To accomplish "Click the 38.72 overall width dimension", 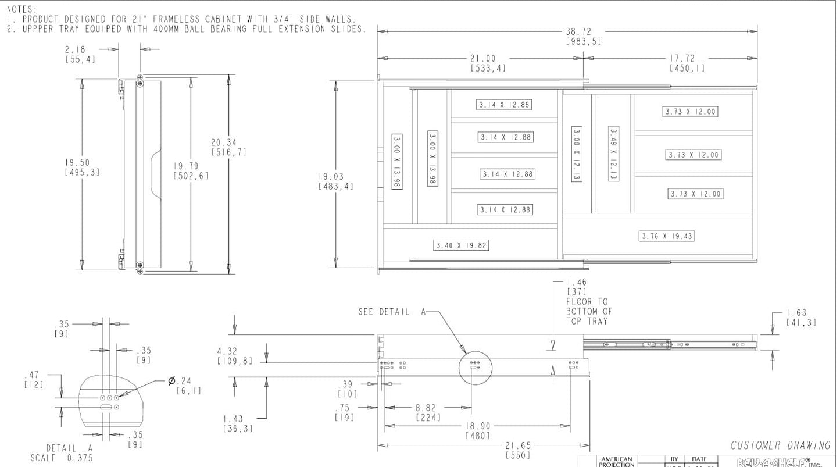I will [583, 31].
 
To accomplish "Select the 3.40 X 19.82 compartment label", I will [462, 245].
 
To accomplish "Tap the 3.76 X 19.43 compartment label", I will [667, 236].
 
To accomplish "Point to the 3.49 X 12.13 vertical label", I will [613, 154].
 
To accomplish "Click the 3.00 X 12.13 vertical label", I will [576, 154].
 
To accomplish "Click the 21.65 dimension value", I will [517, 445].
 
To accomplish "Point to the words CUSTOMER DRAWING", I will [780, 445].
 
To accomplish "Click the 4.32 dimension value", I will [228, 351].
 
